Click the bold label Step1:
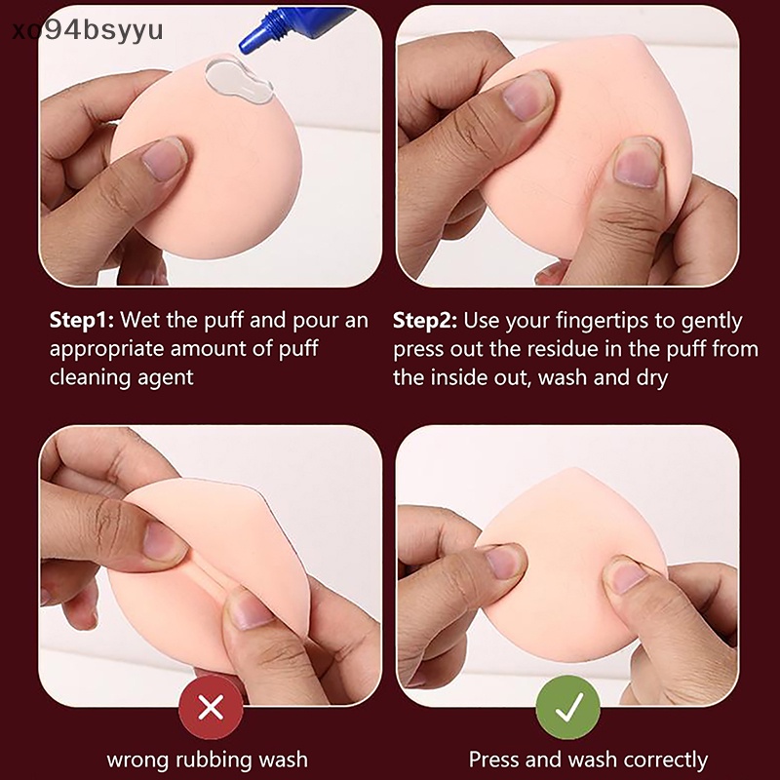point(81,321)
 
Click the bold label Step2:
point(426,321)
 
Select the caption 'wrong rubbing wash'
point(207,759)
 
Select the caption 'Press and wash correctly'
point(588,759)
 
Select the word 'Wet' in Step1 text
point(139,321)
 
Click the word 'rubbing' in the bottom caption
point(214,759)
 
